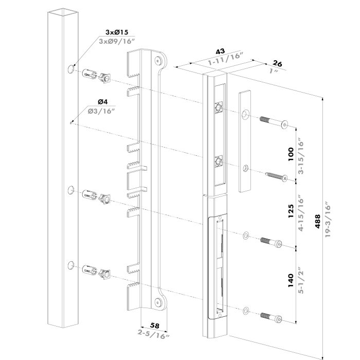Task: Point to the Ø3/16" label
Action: [x=102, y=111]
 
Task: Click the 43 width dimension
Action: [x=220, y=52]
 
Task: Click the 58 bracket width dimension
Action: [x=154, y=327]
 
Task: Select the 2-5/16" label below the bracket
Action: [x=154, y=335]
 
